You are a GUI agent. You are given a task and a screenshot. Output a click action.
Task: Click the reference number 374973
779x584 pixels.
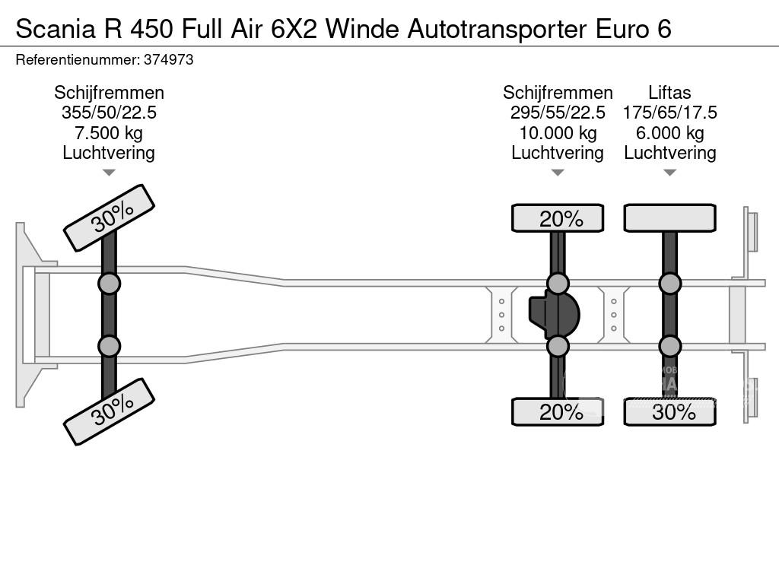[167, 60]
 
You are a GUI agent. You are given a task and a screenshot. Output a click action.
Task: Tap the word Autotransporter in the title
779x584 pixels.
[498, 29]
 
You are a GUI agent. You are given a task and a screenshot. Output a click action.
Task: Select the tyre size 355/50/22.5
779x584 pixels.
[109, 113]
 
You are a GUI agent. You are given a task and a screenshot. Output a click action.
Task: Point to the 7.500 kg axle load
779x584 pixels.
[109, 133]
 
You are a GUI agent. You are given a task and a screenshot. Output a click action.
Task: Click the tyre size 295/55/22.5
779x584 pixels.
[558, 113]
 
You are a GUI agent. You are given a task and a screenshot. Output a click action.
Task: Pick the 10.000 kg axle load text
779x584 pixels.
[558, 133]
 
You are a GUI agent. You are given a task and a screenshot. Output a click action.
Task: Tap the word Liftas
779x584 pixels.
[669, 93]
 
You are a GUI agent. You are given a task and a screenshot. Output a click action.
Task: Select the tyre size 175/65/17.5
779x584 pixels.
[669, 113]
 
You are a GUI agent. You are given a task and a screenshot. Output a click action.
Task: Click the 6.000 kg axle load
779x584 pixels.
[669, 133]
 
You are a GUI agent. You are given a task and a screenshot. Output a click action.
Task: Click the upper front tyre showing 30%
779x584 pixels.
[109, 217]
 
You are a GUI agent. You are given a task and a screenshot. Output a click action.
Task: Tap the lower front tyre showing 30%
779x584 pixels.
[109, 412]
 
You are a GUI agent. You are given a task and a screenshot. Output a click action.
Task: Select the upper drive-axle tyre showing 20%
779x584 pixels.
[558, 218]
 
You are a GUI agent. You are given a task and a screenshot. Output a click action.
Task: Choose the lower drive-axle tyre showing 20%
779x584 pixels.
[558, 412]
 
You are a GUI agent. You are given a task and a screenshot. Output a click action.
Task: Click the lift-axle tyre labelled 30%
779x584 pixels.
[669, 412]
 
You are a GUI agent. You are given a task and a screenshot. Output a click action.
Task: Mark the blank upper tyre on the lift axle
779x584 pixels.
[669, 218]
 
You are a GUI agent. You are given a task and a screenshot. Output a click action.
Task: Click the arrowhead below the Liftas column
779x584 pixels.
[669, 173]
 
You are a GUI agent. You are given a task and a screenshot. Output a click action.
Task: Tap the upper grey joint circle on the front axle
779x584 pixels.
[109, 284]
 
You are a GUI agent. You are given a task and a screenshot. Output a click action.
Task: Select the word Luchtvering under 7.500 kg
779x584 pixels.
[109, 153]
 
